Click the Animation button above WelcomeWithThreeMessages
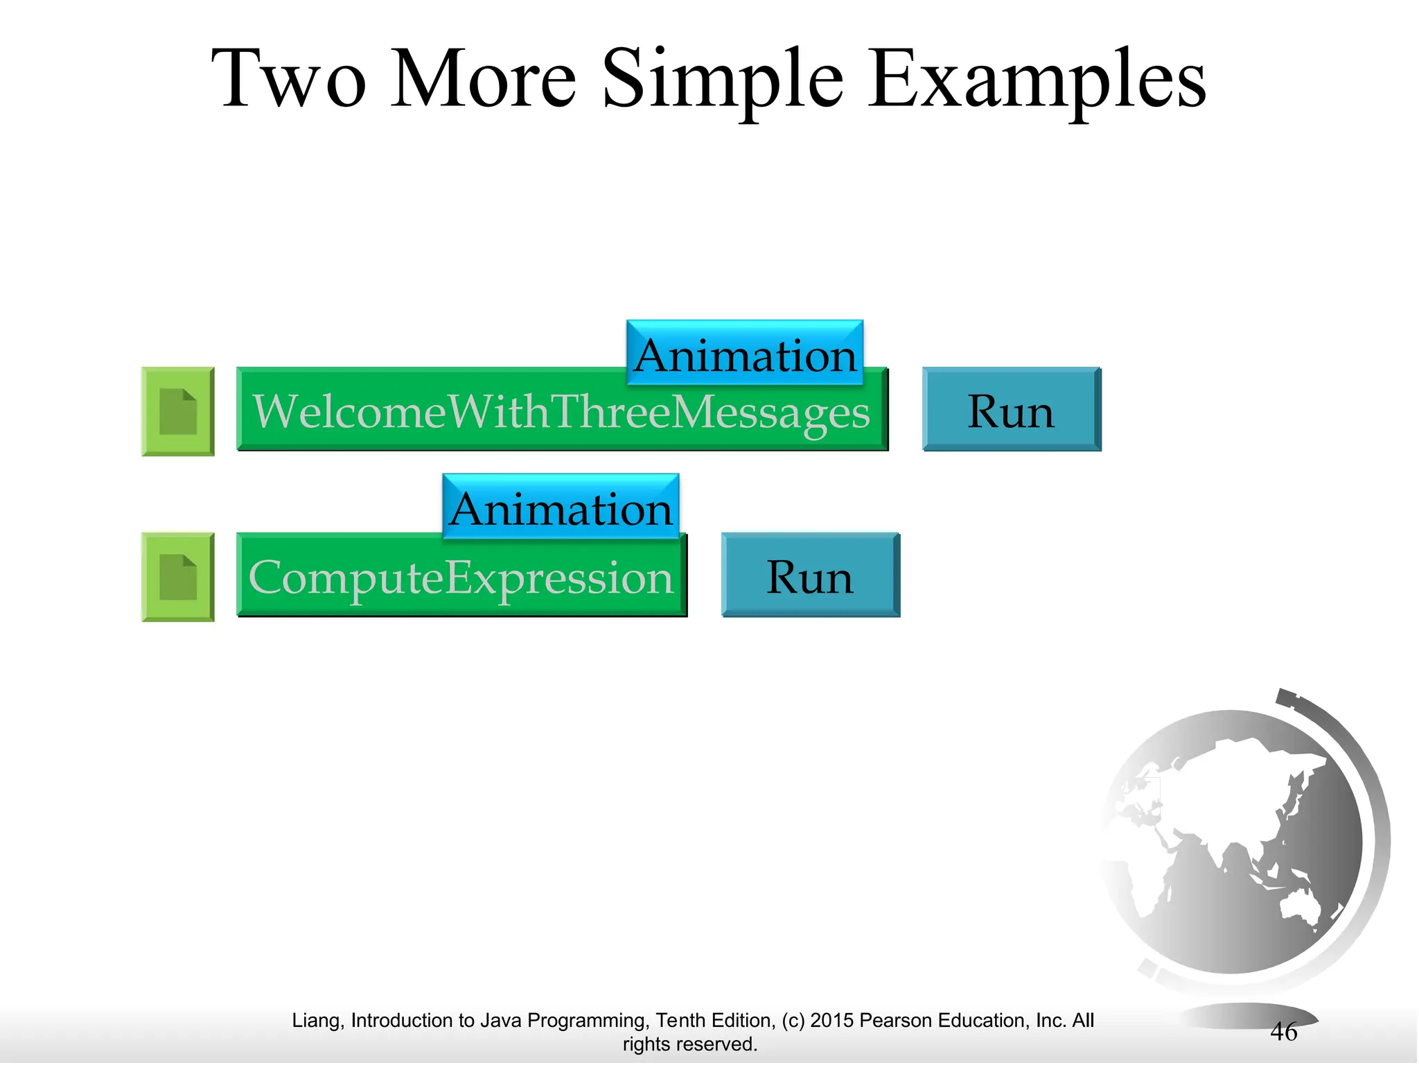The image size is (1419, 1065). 745,354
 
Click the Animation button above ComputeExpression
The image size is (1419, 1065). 561,508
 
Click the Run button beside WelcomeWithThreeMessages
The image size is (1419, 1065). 1011,410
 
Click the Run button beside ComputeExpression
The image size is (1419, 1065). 810,575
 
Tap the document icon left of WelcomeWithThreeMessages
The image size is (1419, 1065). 178,411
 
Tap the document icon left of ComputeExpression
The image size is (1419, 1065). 178,577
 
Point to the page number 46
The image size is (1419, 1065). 1283,1032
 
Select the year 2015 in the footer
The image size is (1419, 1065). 832,1021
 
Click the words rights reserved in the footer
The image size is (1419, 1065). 689,1044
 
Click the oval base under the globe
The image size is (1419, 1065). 1247,1016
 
